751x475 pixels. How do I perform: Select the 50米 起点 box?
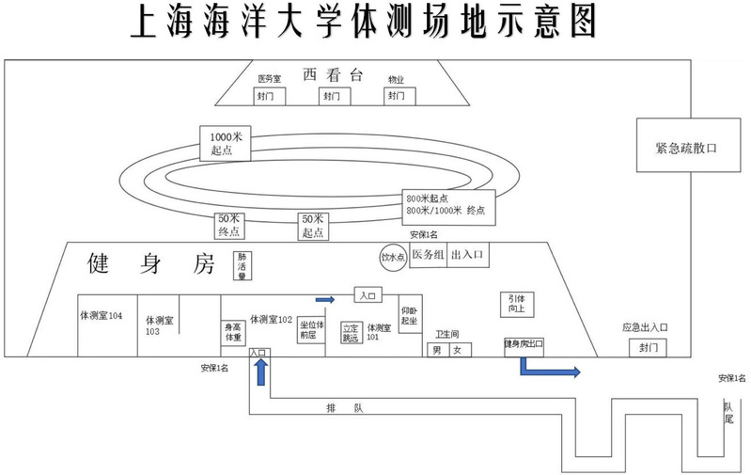point(313,225)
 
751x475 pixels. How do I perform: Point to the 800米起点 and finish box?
point(446,204)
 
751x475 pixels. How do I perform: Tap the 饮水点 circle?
point(391,256)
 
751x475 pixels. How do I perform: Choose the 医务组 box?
point(428,256)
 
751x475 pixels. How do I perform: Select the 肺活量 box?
point(242,265)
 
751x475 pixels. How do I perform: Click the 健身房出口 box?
point(524,345)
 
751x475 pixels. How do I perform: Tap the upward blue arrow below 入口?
point(260,372)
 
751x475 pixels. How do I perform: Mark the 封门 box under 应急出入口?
point(645,347)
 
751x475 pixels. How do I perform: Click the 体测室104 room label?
point(102,317)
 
